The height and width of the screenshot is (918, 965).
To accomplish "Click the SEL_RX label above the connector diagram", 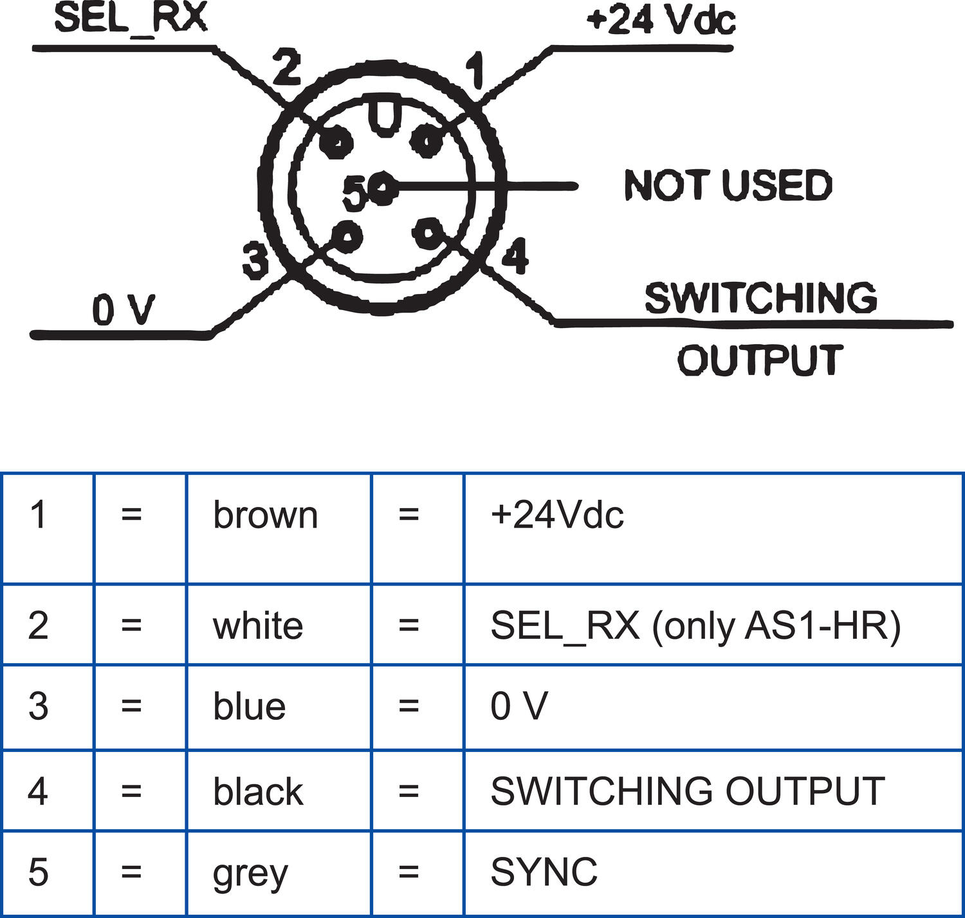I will (131, 17).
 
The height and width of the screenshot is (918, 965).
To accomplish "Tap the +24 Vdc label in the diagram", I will (661, 19).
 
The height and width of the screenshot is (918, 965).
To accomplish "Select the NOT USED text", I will (728, 186).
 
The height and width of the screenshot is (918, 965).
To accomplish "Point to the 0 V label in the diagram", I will (124, 310).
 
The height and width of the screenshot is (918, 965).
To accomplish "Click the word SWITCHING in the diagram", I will (761, 298).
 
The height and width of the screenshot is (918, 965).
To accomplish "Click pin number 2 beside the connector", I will (286, 68).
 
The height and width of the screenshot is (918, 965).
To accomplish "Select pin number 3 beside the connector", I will (255, 260).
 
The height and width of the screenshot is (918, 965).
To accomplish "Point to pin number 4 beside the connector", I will (515, 256).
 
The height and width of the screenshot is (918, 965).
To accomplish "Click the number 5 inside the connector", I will (354, 193).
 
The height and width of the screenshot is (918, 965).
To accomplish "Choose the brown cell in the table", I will (266, 515).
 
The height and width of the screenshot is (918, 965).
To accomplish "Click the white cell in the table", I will (258, 625).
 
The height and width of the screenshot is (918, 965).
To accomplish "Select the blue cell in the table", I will (250, 706).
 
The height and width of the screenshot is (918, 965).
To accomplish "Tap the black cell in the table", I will (258, 791).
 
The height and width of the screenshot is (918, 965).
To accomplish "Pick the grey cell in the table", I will (250, 873).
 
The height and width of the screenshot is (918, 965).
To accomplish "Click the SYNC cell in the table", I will (544, 872).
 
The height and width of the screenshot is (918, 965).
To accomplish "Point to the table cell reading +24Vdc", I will (557, 515).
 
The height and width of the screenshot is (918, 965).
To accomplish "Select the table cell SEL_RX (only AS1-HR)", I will (695, 625).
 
